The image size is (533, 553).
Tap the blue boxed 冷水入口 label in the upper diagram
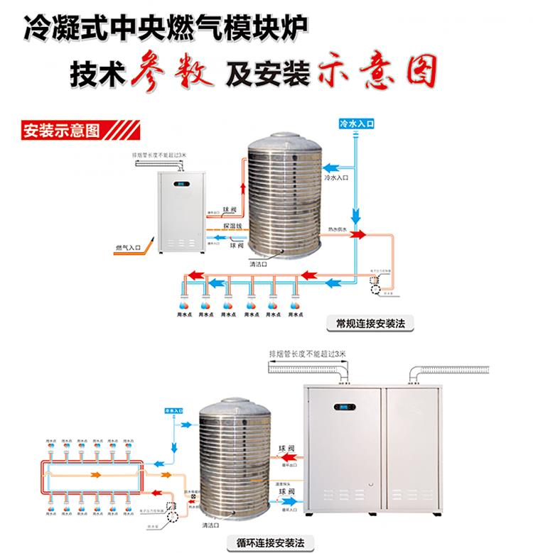click(x=357, y=123)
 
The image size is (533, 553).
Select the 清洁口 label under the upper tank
click(x=258, y=265)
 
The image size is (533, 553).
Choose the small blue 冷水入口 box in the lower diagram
click(x=174, y=410)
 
